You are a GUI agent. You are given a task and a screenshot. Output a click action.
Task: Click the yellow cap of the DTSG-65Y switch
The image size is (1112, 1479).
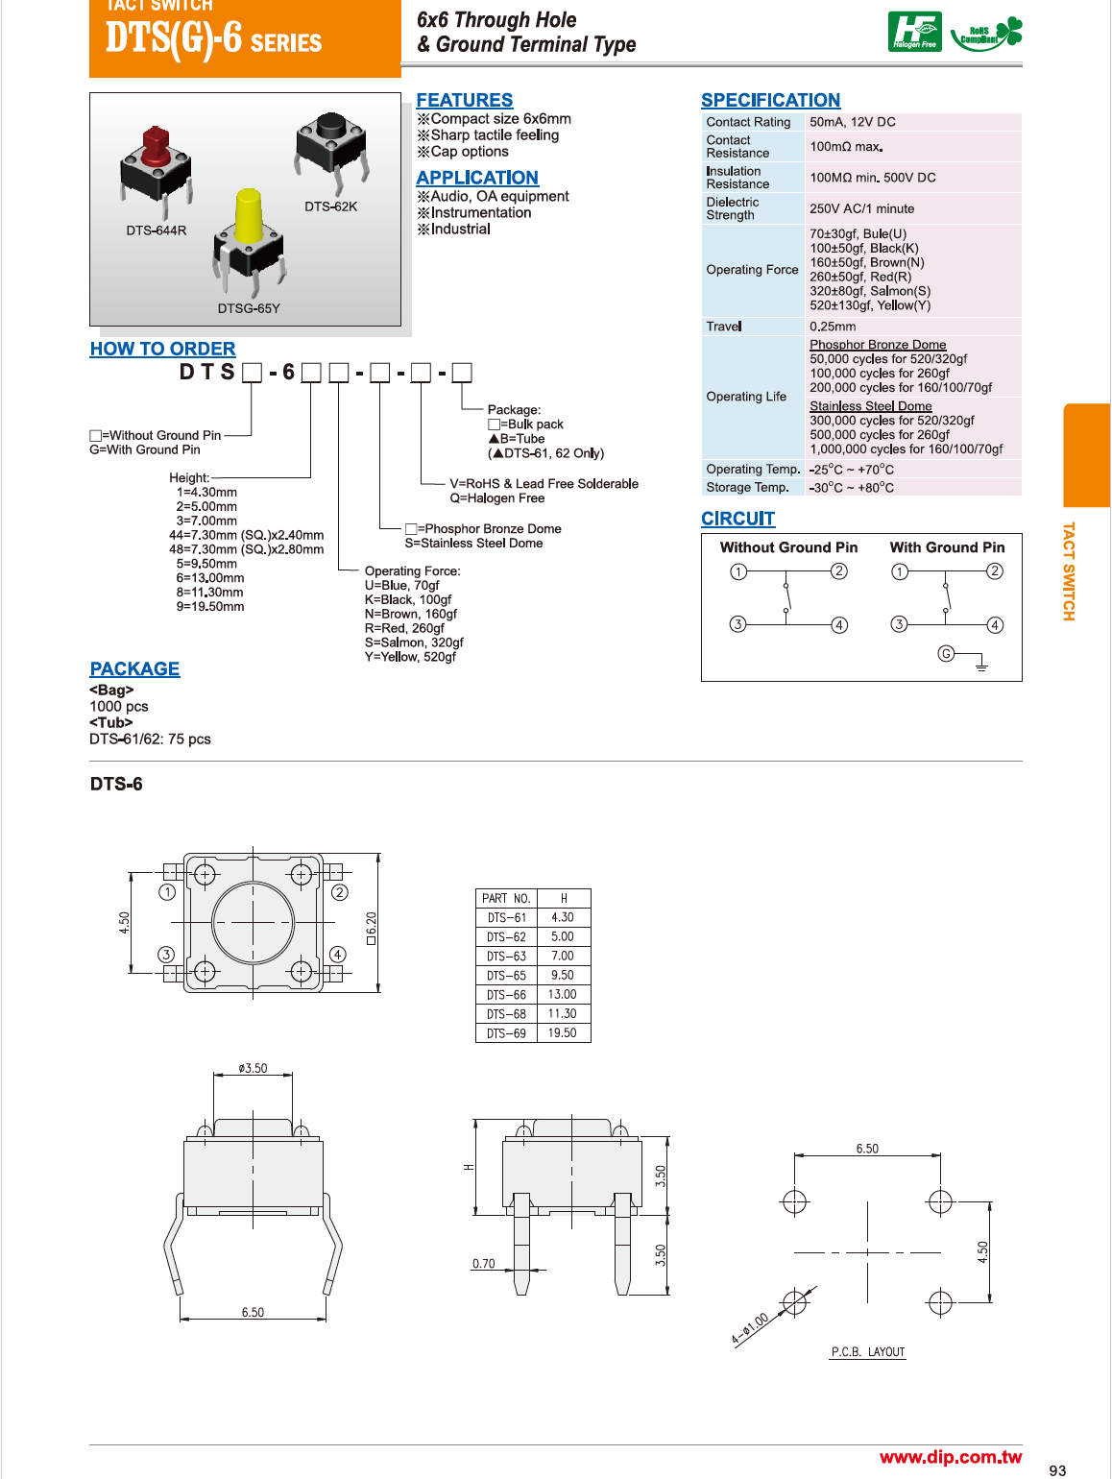coord(249,216)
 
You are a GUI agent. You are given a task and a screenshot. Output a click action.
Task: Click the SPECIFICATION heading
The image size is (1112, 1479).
coord(770,101)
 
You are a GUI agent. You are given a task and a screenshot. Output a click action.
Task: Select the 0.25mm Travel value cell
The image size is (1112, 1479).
coord(833,327)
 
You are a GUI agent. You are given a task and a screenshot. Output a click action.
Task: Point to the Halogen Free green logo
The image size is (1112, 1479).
coord(914,32)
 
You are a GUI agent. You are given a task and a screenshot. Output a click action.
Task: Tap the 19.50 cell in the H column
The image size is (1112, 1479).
coord(562,1033)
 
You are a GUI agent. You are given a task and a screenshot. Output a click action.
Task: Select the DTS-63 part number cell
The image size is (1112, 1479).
coord(506,957)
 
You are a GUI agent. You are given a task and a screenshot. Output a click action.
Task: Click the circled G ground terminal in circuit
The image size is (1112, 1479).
coord(946,654)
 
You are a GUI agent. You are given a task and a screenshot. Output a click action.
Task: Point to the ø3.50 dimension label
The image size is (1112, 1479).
coord(254,1068)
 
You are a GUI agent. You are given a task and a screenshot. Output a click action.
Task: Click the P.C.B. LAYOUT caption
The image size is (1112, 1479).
coord(868,1352)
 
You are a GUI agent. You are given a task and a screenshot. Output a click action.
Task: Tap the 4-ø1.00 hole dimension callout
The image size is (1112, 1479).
coord(749,1328)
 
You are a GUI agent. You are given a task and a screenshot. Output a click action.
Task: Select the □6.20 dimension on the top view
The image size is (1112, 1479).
coord(372,928)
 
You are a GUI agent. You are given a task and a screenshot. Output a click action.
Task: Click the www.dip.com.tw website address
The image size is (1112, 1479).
coord(951,1457)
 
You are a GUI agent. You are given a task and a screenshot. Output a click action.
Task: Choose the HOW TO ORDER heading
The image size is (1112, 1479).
coord(162,350)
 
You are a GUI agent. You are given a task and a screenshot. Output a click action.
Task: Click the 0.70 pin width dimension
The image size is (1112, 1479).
coord(484,1264)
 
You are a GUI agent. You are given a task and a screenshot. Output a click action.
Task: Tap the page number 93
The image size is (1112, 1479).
coord(1057,1470)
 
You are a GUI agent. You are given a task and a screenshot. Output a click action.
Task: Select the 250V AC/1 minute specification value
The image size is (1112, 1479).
coord(861,208)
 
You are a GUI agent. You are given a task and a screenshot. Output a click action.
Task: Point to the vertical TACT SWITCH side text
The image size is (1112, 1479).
coord(1069,571)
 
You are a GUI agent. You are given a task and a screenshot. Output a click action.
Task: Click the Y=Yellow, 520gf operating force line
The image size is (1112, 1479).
coord(410,657)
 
